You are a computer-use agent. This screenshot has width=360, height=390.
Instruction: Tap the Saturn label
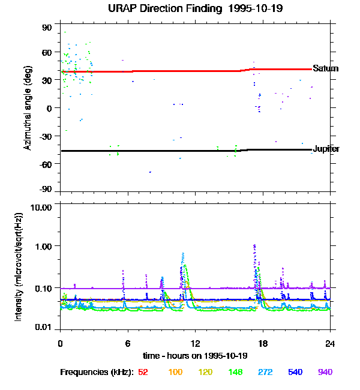pyautogui.click(x=325, y=68)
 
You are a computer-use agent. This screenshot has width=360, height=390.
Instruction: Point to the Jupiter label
pyautogui.click(x=326, y=148)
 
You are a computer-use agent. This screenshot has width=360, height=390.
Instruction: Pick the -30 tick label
pyautogui.click(x=46, y=136)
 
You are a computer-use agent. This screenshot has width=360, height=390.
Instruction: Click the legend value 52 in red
pyautogui.click(x=143, y=372)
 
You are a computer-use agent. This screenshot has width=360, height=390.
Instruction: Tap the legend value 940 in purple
pyautogui.click(x=325, y=372)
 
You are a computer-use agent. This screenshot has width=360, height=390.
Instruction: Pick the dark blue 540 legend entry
pyautogui.click(x=295, y=372)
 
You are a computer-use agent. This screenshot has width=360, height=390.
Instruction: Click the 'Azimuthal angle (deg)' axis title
pyautogui.click(x=27, y=108)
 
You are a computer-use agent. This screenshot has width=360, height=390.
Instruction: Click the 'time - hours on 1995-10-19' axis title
pyautogui.click(x=196, y=356)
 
